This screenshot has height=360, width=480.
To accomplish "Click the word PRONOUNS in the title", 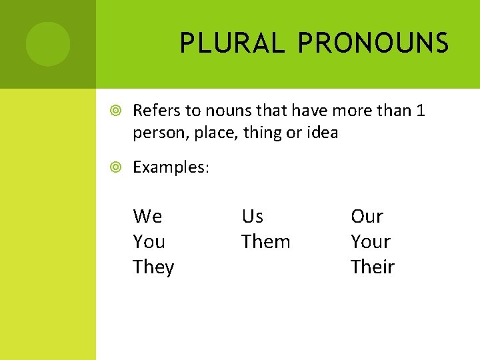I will click(373, 44).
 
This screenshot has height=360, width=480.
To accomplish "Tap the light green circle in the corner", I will click(48, 44).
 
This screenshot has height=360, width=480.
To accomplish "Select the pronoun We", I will click(147, 217).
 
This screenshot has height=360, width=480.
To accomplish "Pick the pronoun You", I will click(149, 242).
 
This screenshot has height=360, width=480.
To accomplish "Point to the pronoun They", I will click(153, 267).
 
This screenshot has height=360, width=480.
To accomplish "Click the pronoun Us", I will click(253, 217).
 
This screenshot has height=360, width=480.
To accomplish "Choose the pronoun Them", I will click(265, 242).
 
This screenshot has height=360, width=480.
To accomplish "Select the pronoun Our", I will click(367, 217).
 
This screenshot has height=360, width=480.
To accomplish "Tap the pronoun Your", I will click(371, 242).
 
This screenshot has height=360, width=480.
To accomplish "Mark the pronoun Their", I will click(373, 267).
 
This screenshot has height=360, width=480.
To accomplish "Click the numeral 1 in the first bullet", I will click(420, 110).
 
